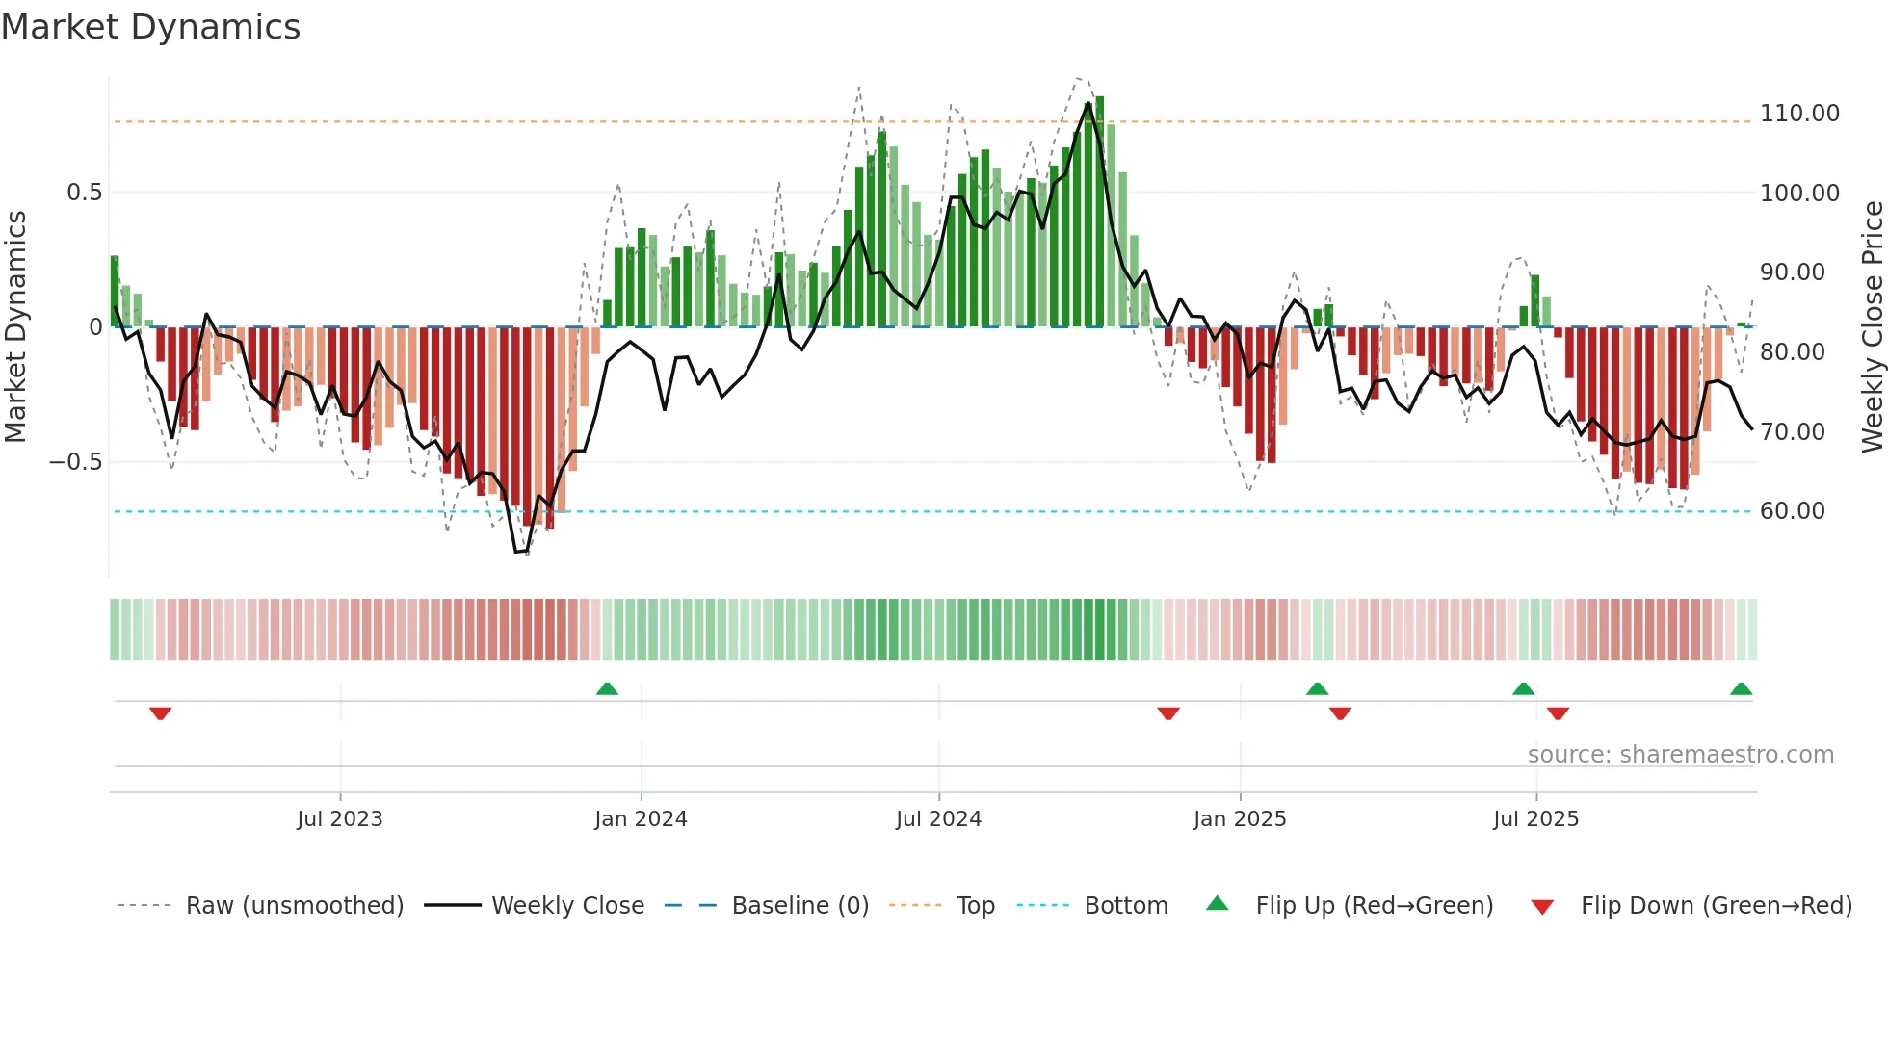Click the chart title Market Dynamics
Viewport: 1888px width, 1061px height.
pyautogui.click(x=150, y=27)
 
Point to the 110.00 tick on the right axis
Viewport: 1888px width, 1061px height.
pyautogui.click(x=1798, y=114)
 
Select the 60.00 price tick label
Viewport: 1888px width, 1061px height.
pyautogui.click(x=1792, y=511)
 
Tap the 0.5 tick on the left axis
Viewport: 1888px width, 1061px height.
pyautogui.click(x=84, y=193)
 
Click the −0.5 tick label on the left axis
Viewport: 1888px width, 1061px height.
pyautogui.click(x=75, y=462)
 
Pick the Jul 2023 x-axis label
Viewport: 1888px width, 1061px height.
pyautogui.click(x=339, y=819)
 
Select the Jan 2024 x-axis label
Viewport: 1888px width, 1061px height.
pyautogui.click(x=641, y=819)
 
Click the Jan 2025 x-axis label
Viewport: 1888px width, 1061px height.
pyautogui.click(x=1239, y=819)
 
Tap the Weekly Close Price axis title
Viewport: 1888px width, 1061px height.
pyautogui.click(x=1872, y=326)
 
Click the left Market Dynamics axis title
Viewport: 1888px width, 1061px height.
pyautogui.click(x=15, y=326)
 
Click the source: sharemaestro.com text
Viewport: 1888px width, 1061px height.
pyautogui.click(x=1680, y=755)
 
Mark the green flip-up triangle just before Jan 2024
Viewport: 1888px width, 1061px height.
pyautogui.click(x=607, y=688)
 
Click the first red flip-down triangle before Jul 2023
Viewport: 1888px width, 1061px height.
pyautogui.click(x=161, y=713)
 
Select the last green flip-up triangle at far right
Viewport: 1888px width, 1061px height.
pyautogui.click(x=1741, y=688)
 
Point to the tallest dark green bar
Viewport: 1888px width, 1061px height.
pyautogui.click(x=1100, y=212)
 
